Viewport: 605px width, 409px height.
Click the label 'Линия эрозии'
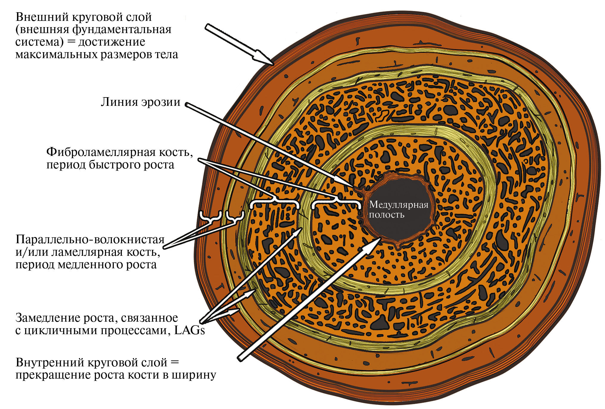pyautogui.click(x=140, y=102)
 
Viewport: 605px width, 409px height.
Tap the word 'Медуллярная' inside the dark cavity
pyautogui.click(x=399, y=205)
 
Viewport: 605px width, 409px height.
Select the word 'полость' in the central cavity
pyautogui.click(x=387, y=215)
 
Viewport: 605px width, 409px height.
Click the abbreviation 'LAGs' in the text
pyautogui.click(x=189, y=331)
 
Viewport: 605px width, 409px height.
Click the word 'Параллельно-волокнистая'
pyautogui.click(x=90, y=239)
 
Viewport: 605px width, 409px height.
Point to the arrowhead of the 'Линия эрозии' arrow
pyautogui.click(x=354, y=187)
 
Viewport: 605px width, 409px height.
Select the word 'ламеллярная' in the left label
pyautogui.click(x=87, y=252)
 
